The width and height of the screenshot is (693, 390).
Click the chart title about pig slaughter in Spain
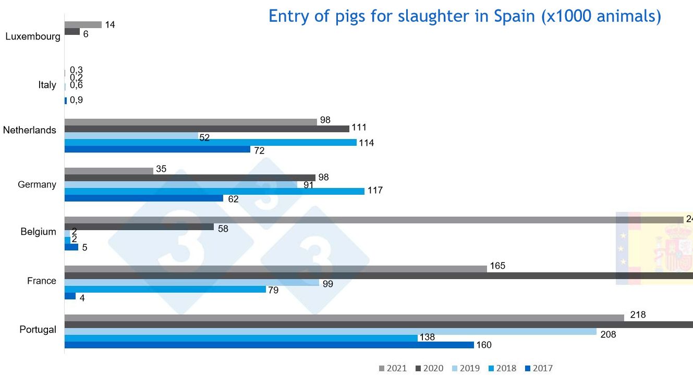pos(464,16)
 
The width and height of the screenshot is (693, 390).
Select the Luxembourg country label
pos(32,37)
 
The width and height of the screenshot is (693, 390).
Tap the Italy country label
pos(47,85)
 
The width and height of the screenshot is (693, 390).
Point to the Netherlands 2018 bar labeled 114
pos(210,142)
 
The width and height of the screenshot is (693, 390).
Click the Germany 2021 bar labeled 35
pos(108,171)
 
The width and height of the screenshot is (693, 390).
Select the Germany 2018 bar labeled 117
pos(214,191)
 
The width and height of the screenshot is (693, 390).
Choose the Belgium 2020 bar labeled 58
pos(139,227)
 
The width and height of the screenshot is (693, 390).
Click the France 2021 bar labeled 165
pos(275,269)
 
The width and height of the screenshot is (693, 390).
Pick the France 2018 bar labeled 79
pos(165,289)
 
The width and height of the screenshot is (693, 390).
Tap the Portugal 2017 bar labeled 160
pos(269,345)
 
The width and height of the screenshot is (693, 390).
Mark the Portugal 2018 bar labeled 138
pos(240,338)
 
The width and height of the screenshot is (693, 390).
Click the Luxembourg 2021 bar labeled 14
pos(82,24)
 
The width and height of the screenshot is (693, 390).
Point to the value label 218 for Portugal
pos(638,315)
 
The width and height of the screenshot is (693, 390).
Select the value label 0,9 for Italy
pos(76,100)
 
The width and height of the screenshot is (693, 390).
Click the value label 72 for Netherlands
pos(259,151)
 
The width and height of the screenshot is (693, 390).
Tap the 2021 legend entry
pos(393,369)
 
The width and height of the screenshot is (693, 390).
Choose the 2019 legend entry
pos(466,369)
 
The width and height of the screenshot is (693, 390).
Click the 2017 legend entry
pos(539,369)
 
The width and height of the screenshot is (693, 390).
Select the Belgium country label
pos(39,232)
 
